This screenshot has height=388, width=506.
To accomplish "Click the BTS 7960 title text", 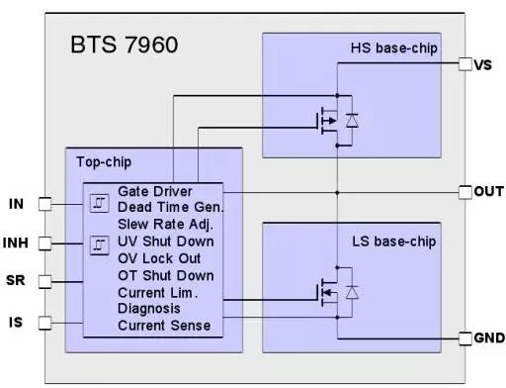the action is [125, 45].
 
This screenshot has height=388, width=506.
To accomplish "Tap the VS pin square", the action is [465, 64].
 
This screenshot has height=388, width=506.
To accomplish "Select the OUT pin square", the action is [465, 192].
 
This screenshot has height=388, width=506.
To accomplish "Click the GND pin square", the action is [465, 339].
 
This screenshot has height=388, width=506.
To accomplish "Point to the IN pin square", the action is [44, 204].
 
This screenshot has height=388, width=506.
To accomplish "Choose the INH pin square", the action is [44, 243].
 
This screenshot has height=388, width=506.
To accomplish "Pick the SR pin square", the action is [44, 282].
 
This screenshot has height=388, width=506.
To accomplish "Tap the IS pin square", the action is [44, 323].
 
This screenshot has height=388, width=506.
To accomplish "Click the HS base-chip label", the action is [394, 48].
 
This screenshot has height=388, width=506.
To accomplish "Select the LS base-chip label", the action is [394, 242].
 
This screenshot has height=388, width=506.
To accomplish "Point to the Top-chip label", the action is [104, 162].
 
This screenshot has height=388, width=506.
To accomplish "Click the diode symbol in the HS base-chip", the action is [352, 121].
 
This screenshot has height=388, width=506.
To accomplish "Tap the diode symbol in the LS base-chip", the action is [352, 292].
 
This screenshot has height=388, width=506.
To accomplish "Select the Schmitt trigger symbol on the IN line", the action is [100, 203].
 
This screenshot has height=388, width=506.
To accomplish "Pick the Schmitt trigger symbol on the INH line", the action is [100, 245].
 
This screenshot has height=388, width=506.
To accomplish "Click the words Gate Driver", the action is [155, 191].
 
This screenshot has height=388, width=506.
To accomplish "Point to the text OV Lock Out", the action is [159, 258].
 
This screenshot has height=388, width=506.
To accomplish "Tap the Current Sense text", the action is [164, 326].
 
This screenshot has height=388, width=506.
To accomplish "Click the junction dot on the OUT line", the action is [337, 192].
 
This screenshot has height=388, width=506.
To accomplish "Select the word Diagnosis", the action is [149, 309].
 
